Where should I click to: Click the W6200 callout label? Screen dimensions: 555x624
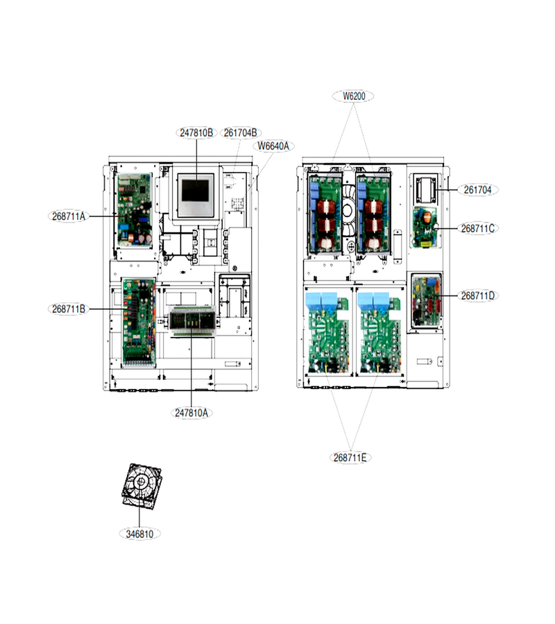coord(354,96)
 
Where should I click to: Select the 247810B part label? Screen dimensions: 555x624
coord(197,132)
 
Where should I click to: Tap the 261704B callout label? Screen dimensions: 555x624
coord(241,132)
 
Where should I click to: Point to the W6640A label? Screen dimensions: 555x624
coord(273,146)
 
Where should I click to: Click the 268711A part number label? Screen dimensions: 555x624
coord(69,216)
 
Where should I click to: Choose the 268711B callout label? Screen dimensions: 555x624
coord(69,309)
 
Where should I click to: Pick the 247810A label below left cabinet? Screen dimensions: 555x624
coord(191,413)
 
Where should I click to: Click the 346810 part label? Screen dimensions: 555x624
coord(139,534)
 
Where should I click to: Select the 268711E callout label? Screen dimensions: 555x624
coord(350,458)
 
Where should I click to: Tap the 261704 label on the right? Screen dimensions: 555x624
coord(478,190)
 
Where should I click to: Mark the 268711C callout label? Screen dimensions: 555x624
coord(478,228)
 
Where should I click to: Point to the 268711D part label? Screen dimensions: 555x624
coord(478,295)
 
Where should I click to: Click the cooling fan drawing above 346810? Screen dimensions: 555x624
coord(142,486)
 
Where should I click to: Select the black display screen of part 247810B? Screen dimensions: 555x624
coord(196,191)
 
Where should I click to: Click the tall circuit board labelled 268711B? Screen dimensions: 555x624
coord(139,322)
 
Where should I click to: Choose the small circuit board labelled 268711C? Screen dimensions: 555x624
coord(425,227)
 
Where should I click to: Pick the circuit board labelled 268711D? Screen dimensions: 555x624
coord(427,300)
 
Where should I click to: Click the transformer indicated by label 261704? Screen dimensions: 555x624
coord(427,189)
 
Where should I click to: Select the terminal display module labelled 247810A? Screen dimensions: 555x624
coord(192,320)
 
